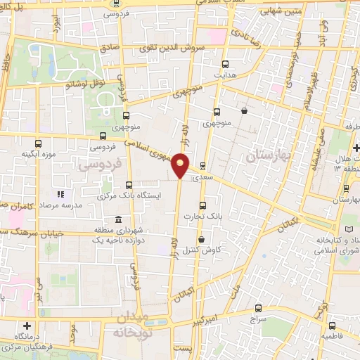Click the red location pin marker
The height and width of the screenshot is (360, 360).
181,165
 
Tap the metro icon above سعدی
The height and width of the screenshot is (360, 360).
203,167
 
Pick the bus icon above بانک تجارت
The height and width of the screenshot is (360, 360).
202,206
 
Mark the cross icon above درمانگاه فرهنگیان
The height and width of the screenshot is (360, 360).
27,326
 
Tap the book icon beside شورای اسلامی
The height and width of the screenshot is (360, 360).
352,230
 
